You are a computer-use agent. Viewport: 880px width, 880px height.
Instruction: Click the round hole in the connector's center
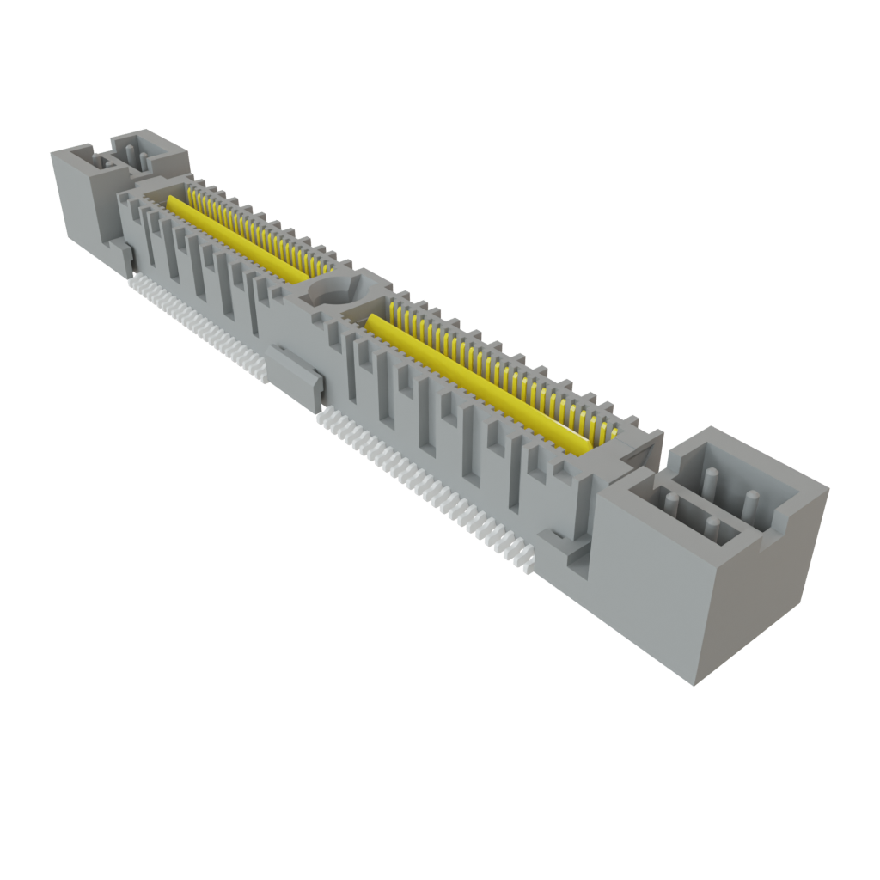[331, 290]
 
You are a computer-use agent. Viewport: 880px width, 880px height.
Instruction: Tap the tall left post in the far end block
[130, 155]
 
